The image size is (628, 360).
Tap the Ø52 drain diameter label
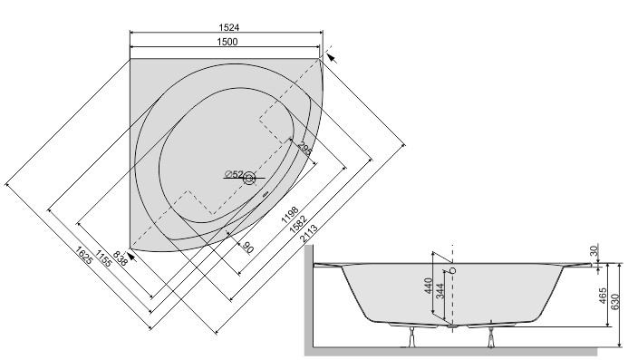click(233, 174)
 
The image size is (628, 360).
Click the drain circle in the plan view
click(248, 179)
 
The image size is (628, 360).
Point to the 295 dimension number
click(305, 149)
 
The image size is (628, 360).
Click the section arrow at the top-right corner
click(331, 57)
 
